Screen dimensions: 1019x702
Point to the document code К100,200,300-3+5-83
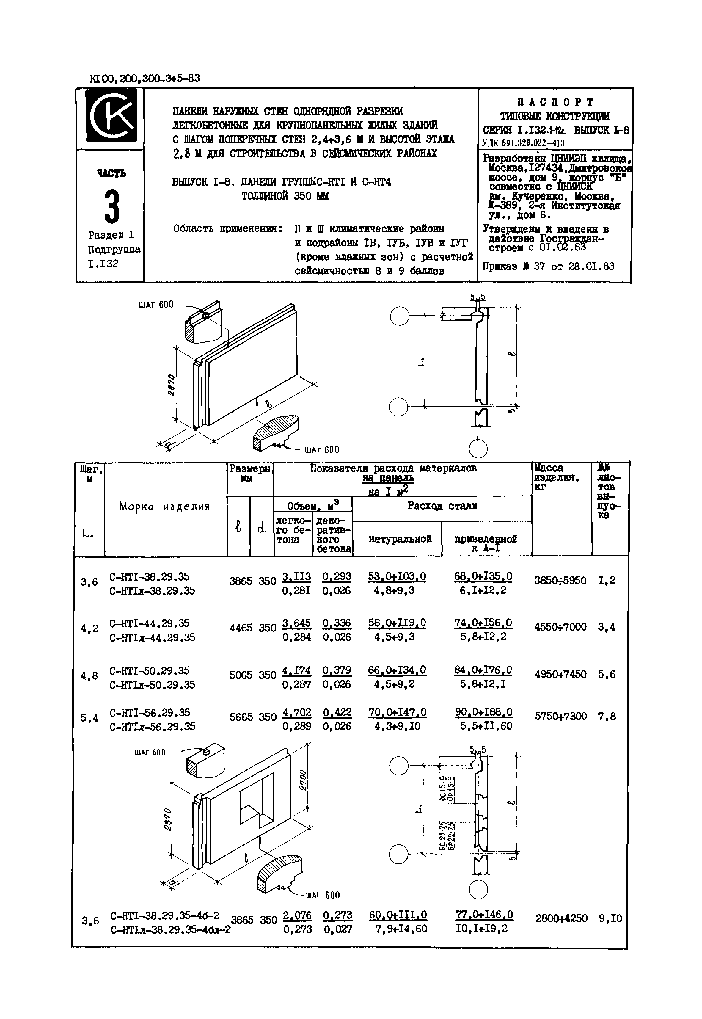pos(145,78)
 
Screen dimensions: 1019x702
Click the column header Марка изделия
pos(164,507)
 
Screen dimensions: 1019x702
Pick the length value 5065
pos(241,675)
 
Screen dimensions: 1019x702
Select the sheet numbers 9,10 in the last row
pos(610,918)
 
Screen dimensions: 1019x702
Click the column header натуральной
pos(399,539)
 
